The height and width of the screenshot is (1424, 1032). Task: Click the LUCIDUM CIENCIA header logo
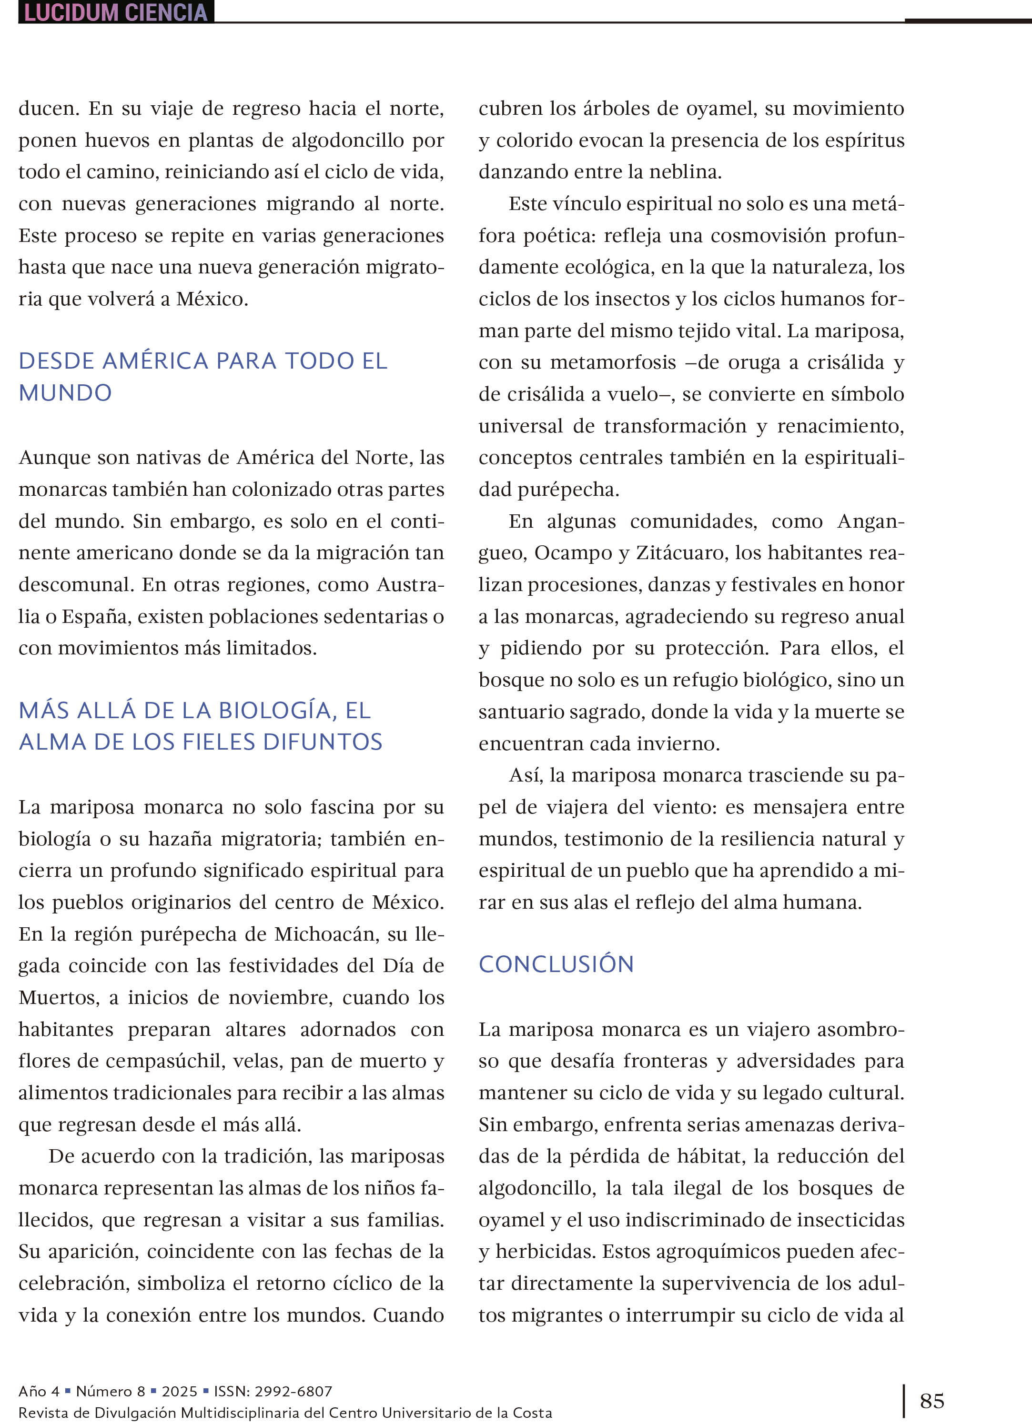(x=116, y=12)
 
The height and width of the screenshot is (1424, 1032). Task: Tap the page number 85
(x=931, y=1401)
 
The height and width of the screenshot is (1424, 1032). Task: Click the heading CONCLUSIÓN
(x=556, y=964)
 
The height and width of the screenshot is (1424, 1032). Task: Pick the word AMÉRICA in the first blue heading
(x=155, y=361)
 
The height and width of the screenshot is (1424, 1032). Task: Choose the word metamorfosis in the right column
(x=613, y=362)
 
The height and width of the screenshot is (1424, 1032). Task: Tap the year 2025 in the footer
(x=179, y=1391)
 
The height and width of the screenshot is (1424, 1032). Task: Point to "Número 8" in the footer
(x=111, y=1391)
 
